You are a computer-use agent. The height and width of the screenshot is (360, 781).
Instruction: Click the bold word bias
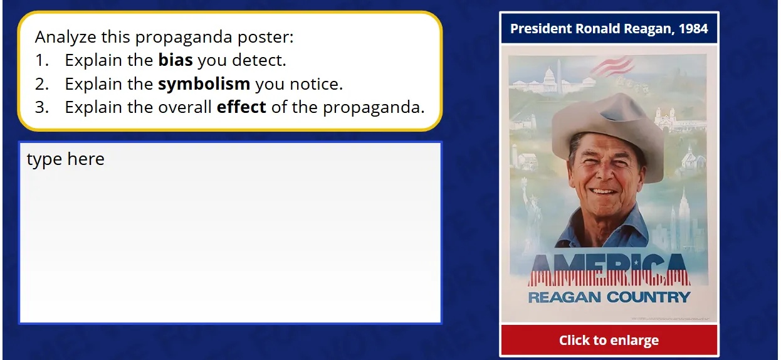pos(175,61)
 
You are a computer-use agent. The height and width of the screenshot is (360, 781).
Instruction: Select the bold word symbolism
pos(204,84)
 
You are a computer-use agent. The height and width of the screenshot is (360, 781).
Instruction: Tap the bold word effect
pos(241,107)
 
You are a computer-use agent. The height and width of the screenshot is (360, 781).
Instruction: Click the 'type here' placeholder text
pos(65,159)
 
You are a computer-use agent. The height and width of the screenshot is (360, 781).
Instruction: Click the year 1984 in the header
pos(693,29)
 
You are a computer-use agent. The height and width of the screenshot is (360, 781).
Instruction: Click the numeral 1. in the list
pos(41,61)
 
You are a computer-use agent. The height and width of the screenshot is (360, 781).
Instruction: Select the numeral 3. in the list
pos(41,107)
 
